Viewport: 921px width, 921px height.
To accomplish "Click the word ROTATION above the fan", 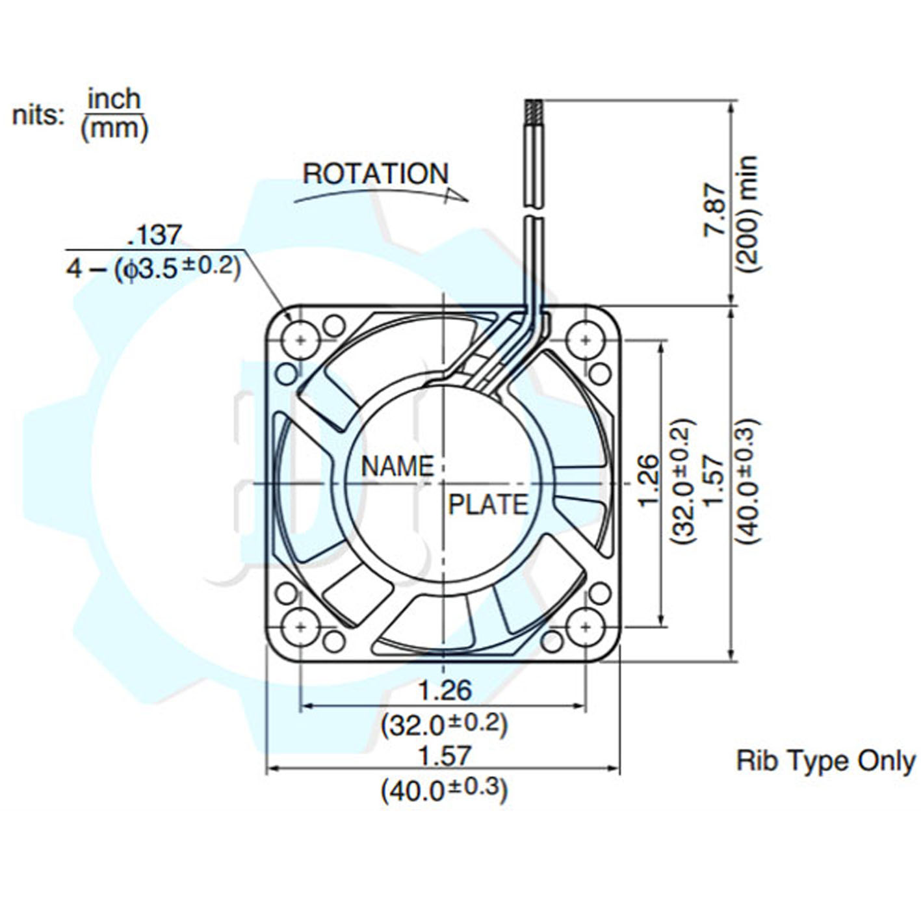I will point(376,174).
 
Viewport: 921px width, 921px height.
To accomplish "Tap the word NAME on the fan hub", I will point(397,467).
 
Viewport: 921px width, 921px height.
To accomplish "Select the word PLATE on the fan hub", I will point(487,505).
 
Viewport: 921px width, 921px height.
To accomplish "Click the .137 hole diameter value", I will point(155,235).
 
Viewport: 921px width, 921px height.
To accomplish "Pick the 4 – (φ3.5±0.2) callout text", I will point(153,268).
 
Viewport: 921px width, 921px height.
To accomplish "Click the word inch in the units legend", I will point(114,99).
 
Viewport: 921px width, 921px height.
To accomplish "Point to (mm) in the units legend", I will point(114,129).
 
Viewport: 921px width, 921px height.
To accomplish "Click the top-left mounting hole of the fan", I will point(300,339).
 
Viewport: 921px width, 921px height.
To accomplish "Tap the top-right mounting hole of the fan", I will point(586,339).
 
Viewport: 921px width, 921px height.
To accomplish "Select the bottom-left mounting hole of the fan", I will point(300,627).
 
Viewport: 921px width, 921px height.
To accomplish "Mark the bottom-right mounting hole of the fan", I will point(586,627).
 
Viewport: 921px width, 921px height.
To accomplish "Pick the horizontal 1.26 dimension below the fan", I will point(444,690).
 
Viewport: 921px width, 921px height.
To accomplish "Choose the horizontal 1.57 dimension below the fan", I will point(444,755).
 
